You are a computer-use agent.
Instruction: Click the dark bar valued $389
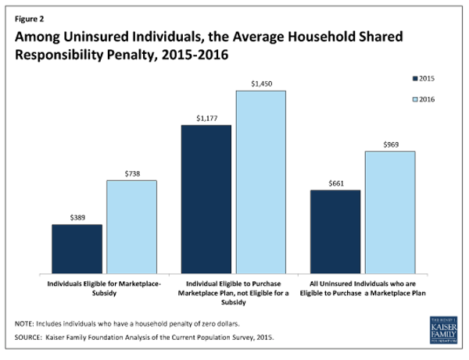[77, 248]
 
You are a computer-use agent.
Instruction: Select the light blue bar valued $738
[132, 226]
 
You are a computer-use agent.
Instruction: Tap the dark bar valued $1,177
[206, 198]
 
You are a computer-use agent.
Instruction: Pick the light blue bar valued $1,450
[261, 181]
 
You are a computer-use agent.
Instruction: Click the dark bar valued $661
[335, 231]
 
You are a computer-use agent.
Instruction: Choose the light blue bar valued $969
[390, 212]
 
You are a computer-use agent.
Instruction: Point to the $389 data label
[77, 216]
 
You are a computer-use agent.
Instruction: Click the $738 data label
[132, 173]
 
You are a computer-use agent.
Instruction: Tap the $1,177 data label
[206, 117]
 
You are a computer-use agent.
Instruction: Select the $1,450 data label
[261, 83]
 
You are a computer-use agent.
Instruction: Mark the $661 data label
[335, 182]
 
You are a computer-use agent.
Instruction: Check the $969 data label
[390, 144]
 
